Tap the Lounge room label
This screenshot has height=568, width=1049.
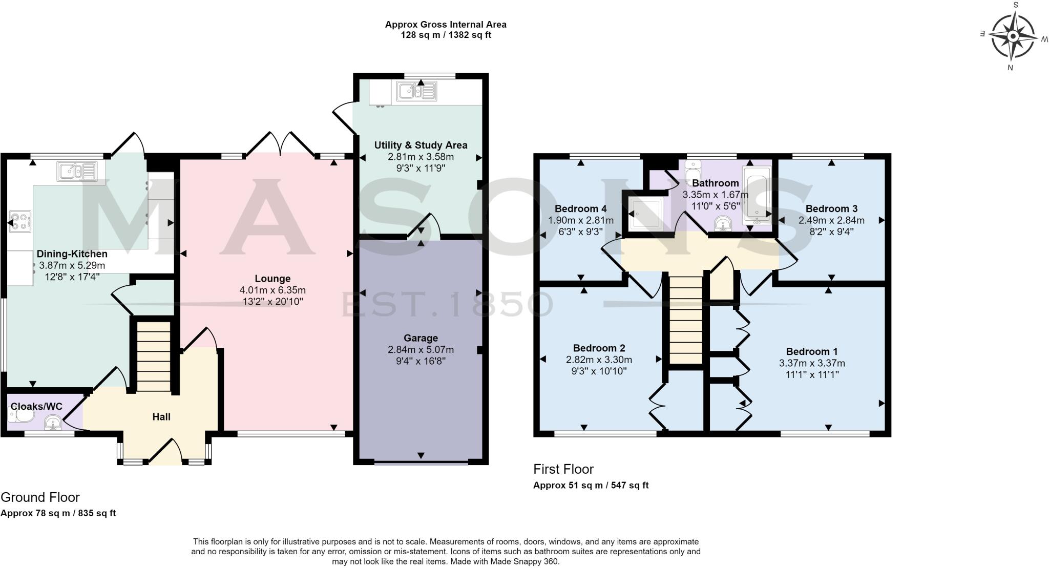pos(272,279)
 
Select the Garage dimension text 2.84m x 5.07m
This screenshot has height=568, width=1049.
pos(421,350)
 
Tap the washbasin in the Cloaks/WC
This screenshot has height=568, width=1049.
pos(53,423)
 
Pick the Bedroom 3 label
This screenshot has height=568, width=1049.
pos(831,208)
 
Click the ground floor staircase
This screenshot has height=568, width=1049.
pos(153,356)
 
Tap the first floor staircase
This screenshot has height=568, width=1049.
pos(685,320)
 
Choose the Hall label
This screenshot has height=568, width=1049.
pos(161,417)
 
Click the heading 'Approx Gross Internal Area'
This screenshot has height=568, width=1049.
pos(446,24)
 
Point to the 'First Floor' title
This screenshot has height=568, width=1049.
pos(563,469)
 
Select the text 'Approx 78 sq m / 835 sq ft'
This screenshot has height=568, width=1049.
pos(58,513)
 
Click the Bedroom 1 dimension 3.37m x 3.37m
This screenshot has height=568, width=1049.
pos(812,363)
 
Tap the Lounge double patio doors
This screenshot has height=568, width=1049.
pos(280,144)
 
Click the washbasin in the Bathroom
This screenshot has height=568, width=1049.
pos(723,224)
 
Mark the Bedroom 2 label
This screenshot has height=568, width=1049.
pos(599,348)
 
